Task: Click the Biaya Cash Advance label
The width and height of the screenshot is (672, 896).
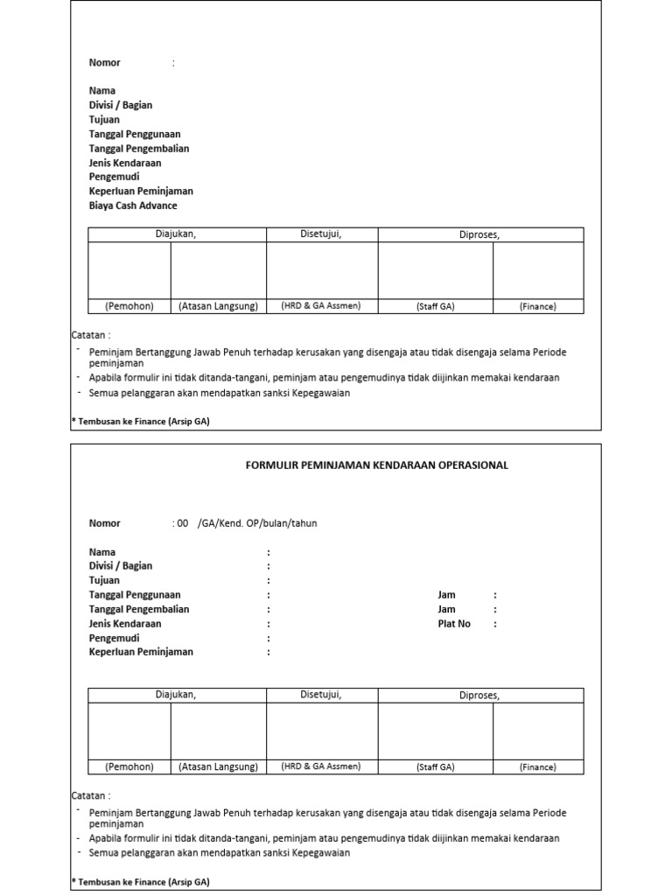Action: tap(133, 206)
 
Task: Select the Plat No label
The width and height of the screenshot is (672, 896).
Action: tap(454, 624)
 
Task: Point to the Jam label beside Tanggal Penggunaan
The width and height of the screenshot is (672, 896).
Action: tap(446, 595)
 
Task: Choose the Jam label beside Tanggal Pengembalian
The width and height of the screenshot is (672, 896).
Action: tap(446, 609)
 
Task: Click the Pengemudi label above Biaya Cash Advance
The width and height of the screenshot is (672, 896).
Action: tap(114, 177)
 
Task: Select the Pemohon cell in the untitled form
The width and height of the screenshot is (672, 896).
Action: tap(129, 306)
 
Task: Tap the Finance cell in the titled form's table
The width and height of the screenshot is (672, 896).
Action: tap(537, 767)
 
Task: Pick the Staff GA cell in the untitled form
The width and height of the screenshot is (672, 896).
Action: tap(435, 307)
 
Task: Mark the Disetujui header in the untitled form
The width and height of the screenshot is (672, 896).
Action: tap(321, 234)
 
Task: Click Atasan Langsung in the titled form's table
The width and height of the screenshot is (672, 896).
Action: tap(218, 766)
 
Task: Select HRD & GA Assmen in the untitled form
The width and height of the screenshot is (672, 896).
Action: tap(321, 306)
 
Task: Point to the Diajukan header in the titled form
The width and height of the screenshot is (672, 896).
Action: tap(176, 695)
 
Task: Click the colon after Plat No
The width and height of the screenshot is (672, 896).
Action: tap(494, 624)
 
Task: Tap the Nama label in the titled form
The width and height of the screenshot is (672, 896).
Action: tap(102, 552)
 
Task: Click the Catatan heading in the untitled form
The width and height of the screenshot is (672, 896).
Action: tap(90, 335)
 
